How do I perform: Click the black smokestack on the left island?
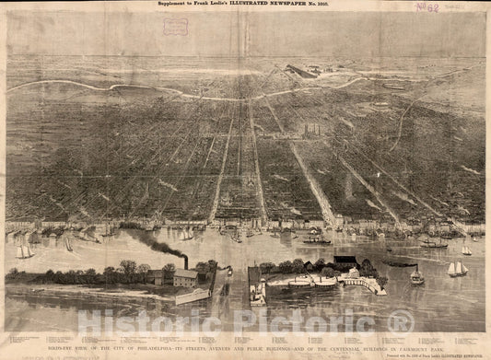(x=185, y=262)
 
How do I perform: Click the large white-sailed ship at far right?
(x=456, y=269)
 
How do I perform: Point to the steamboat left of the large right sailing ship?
(x=417, y=275)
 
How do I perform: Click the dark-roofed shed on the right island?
(x=345, y=261)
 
